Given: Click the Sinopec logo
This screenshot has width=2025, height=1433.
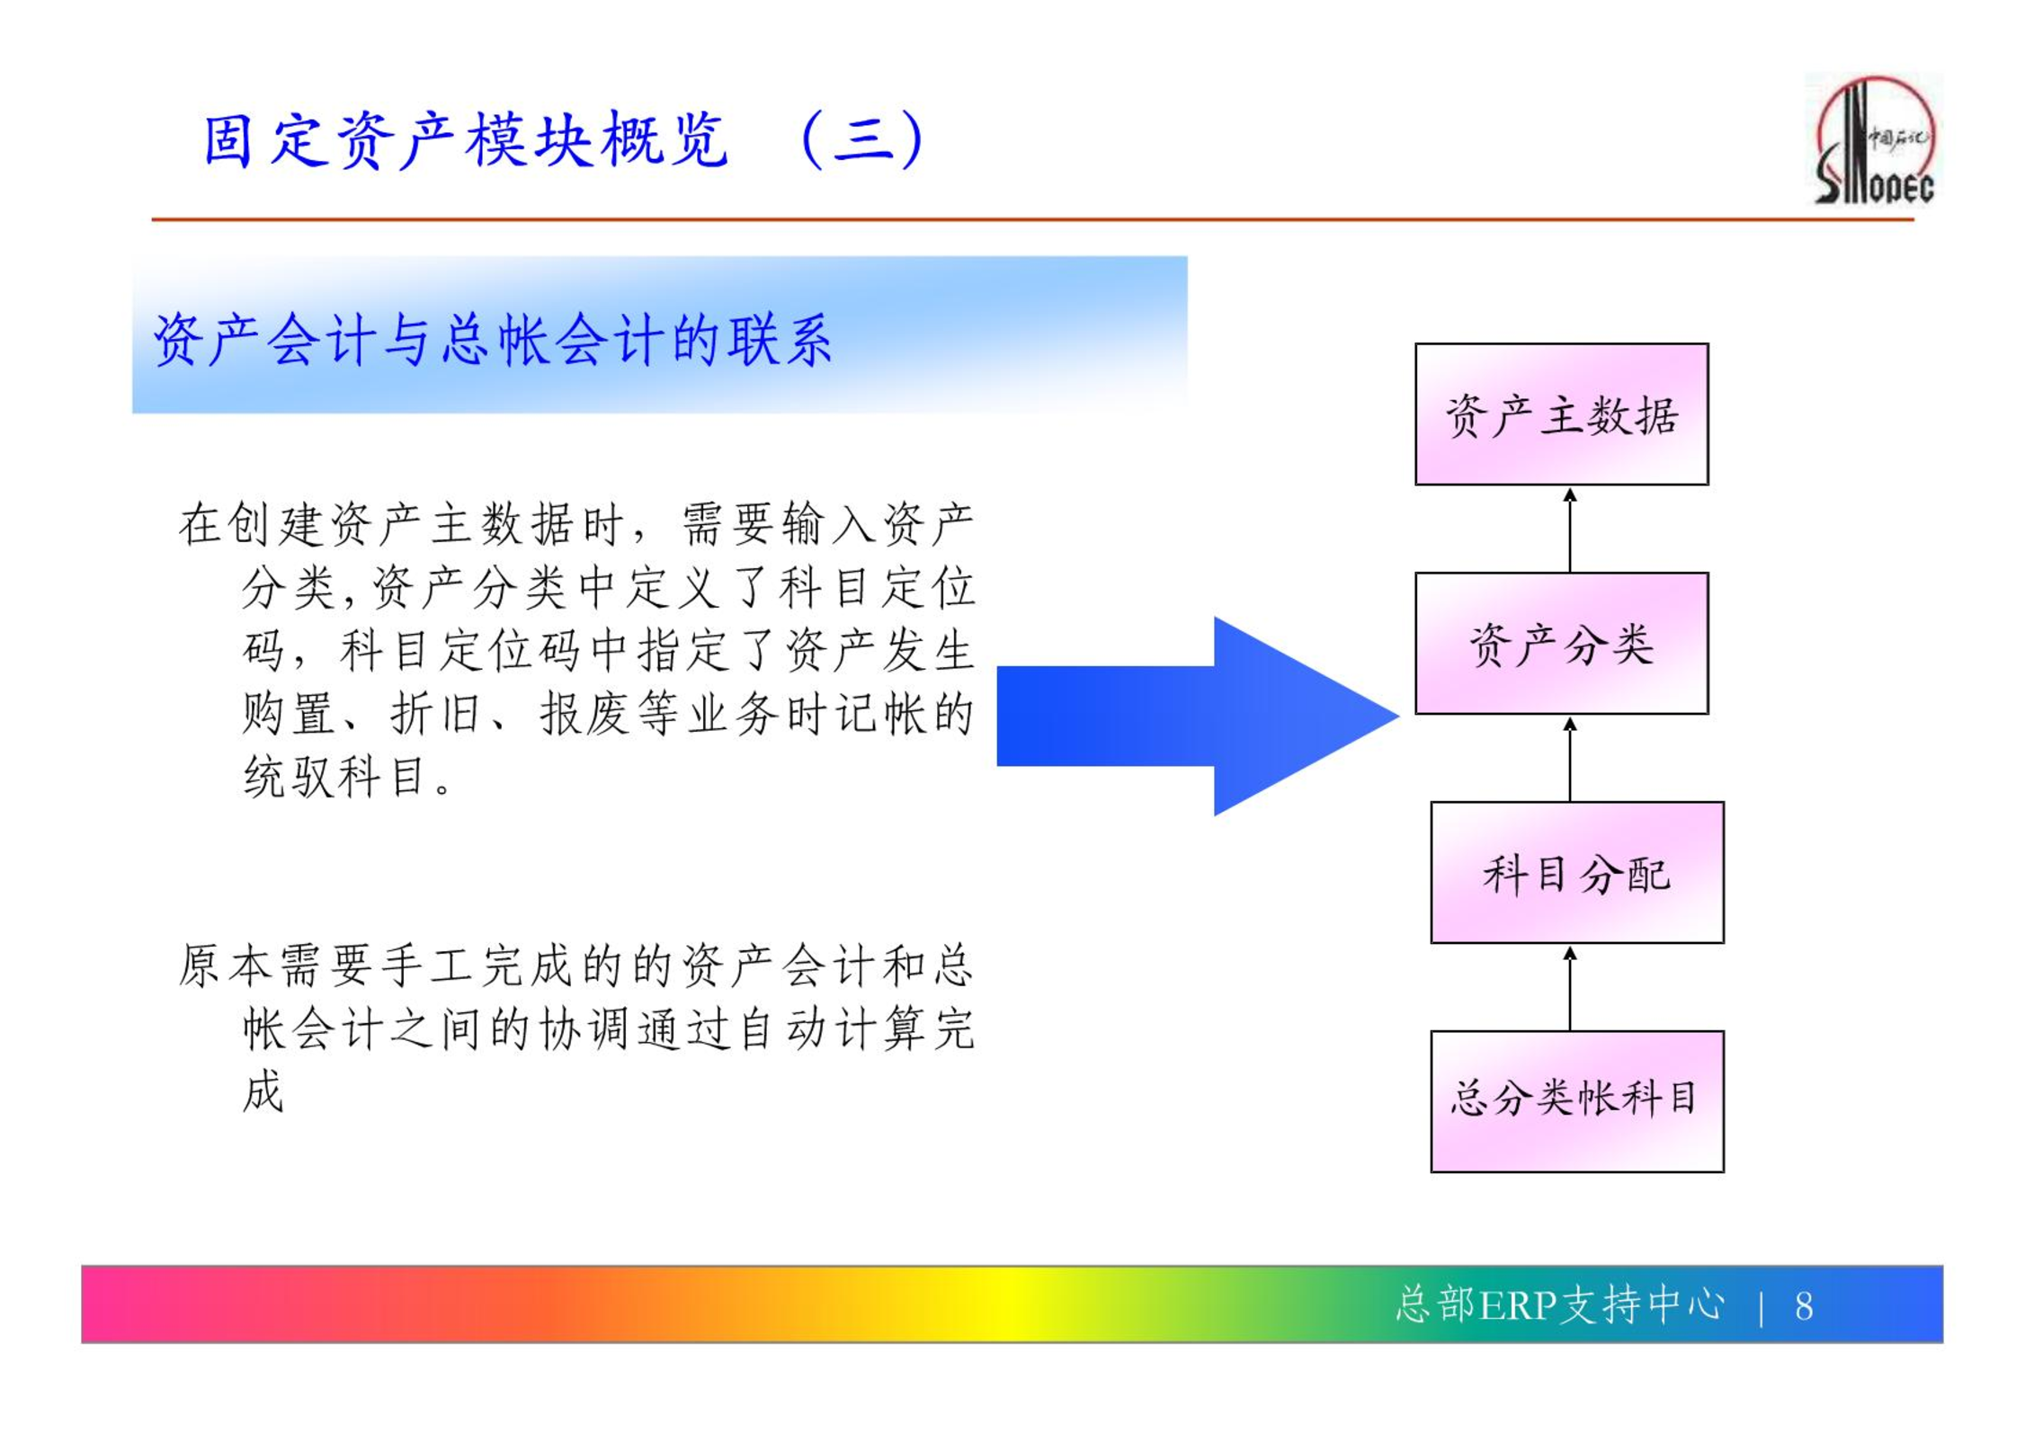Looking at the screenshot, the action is coord(1874,139).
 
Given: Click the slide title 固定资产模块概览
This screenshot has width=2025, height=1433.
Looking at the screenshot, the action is coord(466,140).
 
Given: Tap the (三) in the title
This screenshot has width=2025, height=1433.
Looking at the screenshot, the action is coord(862,140).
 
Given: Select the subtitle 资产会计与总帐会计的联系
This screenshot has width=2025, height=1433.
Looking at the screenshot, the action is coord(493,341).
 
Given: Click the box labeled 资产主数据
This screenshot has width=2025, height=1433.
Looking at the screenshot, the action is coord(1562,414).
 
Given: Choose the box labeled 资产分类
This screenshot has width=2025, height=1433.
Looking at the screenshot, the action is coord(1562,644).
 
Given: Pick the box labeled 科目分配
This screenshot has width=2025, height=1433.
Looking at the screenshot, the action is coord(1577,873).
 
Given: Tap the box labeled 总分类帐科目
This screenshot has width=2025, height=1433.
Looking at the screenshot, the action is coord(1577,1102).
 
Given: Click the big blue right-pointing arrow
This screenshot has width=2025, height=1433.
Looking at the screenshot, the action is coord(1198,716).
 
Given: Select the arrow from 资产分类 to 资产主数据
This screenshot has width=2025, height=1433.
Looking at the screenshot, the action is coord(1570,530).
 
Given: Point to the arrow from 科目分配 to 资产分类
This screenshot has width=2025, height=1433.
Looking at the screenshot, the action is coord(1570,759).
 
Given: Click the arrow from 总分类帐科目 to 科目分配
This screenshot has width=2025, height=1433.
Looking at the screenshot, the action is coord(1570,988).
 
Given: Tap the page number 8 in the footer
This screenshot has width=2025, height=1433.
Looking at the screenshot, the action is coord(1804,1306).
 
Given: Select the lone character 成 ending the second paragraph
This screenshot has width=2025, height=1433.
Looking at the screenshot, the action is coord(263,1092).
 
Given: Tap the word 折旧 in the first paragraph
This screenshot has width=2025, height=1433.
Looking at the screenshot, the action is coord(434,714).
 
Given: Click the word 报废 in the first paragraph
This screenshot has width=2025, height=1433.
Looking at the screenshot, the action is coord(584,714).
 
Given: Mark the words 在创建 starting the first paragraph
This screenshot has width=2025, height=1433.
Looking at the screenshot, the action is coord(250,525).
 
